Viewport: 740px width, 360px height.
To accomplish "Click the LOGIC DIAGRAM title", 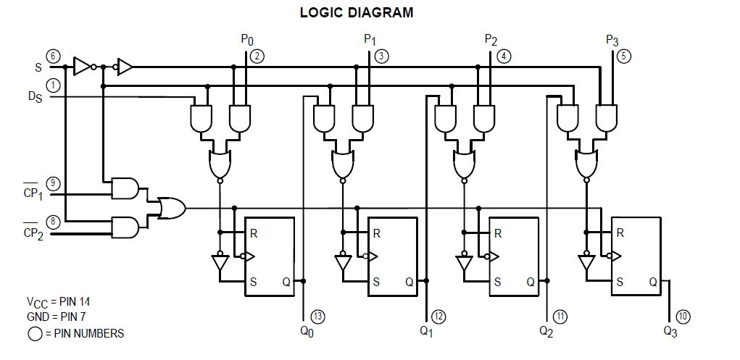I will point(357,12).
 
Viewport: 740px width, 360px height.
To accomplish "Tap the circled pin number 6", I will point(53,56).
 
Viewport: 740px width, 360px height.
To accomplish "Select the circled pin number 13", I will point(317,315).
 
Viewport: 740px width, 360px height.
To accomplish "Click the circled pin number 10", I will point(683,316).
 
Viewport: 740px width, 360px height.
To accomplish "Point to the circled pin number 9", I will point(53,183).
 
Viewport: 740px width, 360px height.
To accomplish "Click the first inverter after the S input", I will point(83,67).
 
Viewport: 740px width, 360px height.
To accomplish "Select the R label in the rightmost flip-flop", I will point(620,233).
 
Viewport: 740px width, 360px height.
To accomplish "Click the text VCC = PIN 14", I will point(58,301).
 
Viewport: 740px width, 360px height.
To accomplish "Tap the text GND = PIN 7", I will point(54,317).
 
